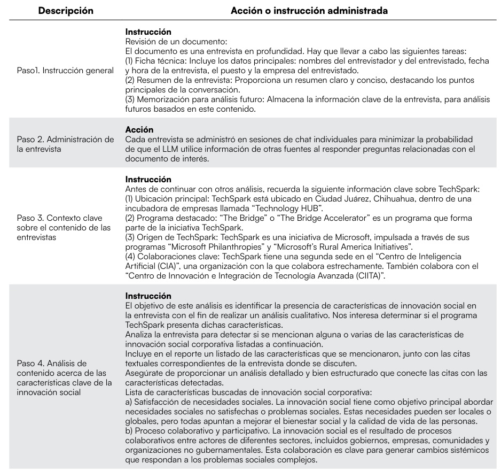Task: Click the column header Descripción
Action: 66,11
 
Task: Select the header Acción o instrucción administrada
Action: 309,11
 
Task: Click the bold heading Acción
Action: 139,129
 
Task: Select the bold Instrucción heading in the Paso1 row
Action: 148,32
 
